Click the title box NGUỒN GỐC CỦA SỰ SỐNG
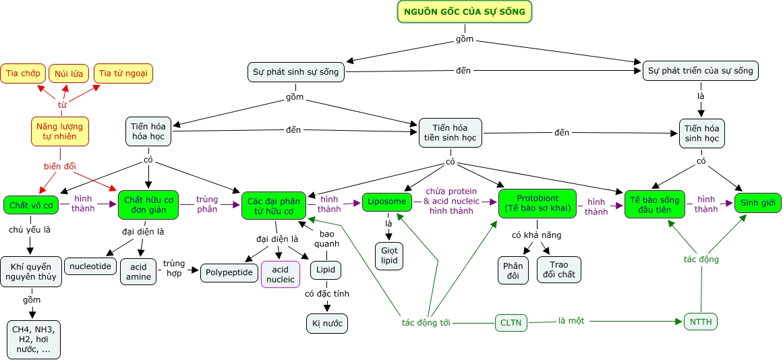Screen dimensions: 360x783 pyautogui.click(x=465, y=11)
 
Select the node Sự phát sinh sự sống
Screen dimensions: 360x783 pyautogui.click(x=296, y=71)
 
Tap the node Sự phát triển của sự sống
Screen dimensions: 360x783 pyautogui.click(x=701, y=71)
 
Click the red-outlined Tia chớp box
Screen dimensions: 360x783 pyautogui.click(x=22, y=73)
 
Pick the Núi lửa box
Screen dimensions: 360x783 pyautogui.click(x=69, y=73)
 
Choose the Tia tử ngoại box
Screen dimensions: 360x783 pyautogui.click(x=123, y=73)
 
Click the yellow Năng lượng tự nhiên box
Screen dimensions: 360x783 pyautogui.click(x=60, y=131)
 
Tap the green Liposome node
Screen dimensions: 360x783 pyautogui.click(x=387, y=202)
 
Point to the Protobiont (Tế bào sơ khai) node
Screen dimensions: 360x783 pyautogui.click(x=537, y=204)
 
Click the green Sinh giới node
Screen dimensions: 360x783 pyautogui.click(x=757, y=202)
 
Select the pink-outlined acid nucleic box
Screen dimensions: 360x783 pyautogui.click(x=281, y=274)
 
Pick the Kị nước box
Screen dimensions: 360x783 pyautogui.click(x=327, y=324)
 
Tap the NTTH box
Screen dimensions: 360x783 pyautogui.click(x=701, y=322)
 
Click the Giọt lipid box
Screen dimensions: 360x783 pyautogui.click(x=389, y=256)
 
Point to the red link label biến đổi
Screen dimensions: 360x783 pyautogui.click(x=61, y=167)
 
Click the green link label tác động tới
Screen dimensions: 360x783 pyautogui.click(x=426, y=322)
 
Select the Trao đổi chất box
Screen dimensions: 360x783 pyautogui.click(x=559, y=268)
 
